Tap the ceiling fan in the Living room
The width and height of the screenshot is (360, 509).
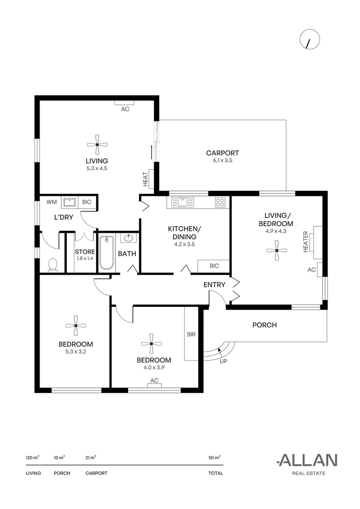pyautogui.click(x=97, y=145)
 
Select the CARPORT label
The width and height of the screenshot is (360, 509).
pyautogui.click(x=222, y=153)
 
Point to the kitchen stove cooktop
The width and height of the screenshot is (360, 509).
pyautogui.click(x=220, y=203)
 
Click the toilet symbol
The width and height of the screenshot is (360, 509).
pyautogui.click(x=52, y=265)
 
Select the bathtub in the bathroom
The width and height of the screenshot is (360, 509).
pyautogui.click(x=106, y=253)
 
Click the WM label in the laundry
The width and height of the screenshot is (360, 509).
pyautogui.click(x=51, y=202)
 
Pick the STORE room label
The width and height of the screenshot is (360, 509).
pyautogui.click(x=85, y=252)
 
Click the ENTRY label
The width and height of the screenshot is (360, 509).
pyautogui.click(x=214, y=285)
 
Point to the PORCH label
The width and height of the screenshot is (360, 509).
pyautogui.click(x=264, y=325)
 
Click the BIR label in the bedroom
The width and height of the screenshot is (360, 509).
pyautogui.click(x=191, y=335)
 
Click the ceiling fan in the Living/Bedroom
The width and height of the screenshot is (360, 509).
pyautogui.click(x=277, y=250)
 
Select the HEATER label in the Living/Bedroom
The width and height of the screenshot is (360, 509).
pyautogui.click(x=306, y=242)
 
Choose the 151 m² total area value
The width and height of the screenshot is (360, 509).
pyautogui.click(x=214, y=457)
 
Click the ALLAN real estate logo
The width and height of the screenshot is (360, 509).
pyautogui.click(x=307, y=460)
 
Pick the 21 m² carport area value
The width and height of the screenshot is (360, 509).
pyautogui.click(x=90, y=457)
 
